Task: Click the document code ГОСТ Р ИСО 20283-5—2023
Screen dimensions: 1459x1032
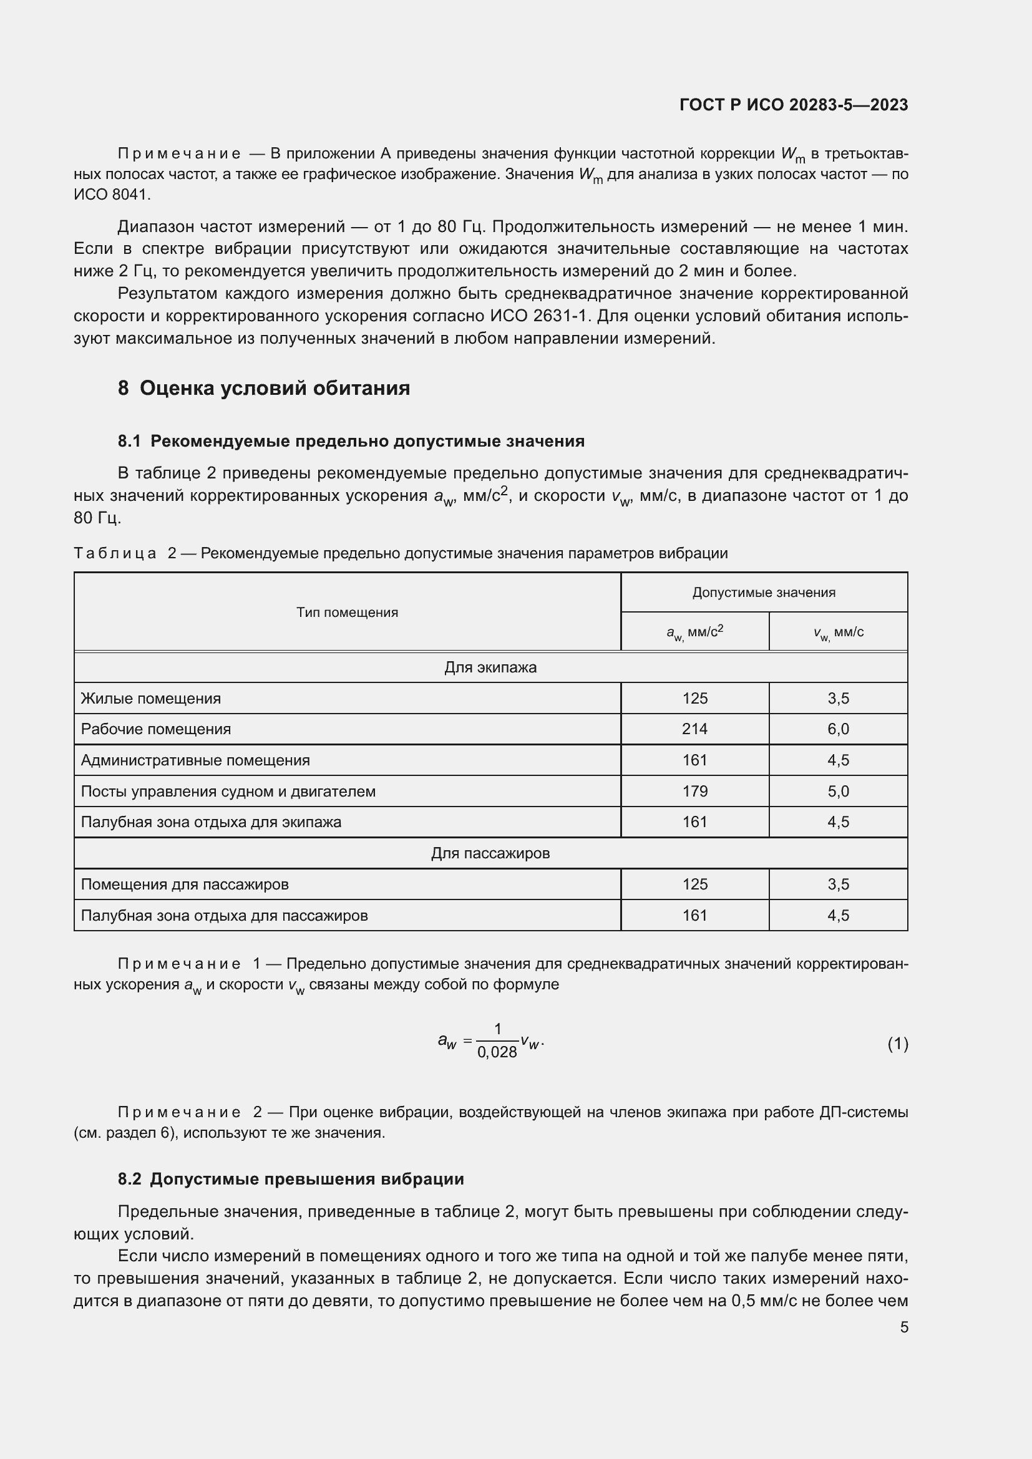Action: point(793,105)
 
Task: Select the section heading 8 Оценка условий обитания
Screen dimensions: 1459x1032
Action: point(264,387)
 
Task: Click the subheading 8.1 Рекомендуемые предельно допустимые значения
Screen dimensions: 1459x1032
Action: point(351,441)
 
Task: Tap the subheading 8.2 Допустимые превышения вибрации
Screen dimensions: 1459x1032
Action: point(290,1179)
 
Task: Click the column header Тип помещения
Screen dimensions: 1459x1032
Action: point(347,612)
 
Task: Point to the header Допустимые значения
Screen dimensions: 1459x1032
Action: point(763,592)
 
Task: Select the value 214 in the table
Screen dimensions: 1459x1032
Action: point(694,729)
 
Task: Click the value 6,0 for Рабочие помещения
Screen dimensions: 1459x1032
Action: point(837,729)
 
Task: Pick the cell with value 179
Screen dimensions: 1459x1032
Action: point(694,791)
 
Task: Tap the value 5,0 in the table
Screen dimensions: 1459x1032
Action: point(837,791)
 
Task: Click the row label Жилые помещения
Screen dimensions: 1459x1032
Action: point(150,699)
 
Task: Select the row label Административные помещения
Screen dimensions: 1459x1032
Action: point(195,760)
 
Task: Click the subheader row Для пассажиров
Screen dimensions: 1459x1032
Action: point(490,853)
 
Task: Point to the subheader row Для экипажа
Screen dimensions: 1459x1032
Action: point(490,667)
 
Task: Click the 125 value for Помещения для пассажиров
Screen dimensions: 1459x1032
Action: point(694,884)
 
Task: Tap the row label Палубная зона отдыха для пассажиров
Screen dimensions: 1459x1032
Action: point(224,915)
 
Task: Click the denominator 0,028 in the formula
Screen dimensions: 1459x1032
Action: point(497,1052)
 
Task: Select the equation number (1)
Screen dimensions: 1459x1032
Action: point(897,1044)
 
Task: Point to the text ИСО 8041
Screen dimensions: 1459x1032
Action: point(111,195)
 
